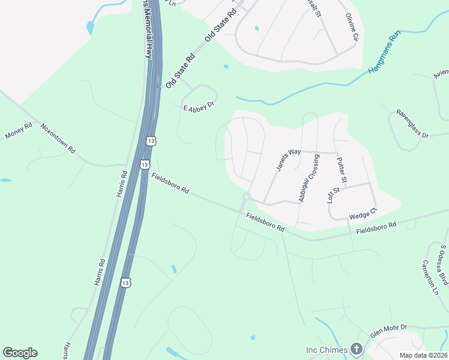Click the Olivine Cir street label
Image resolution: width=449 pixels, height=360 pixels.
351,27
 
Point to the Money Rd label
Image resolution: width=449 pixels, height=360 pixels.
18,132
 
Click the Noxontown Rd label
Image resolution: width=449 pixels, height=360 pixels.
58,137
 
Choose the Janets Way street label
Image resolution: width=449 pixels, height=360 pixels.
288,160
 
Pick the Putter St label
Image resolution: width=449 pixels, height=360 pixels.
342,170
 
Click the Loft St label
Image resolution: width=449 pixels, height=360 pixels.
334,196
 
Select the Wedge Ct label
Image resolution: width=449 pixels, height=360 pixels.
363,213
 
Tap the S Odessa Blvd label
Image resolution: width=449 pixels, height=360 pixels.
444,265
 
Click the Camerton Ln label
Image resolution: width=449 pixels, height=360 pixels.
430,274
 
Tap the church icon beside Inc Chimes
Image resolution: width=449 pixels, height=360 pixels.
357,349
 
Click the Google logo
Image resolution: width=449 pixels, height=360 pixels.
20,353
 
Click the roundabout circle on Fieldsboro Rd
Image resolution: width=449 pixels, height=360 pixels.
246,197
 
